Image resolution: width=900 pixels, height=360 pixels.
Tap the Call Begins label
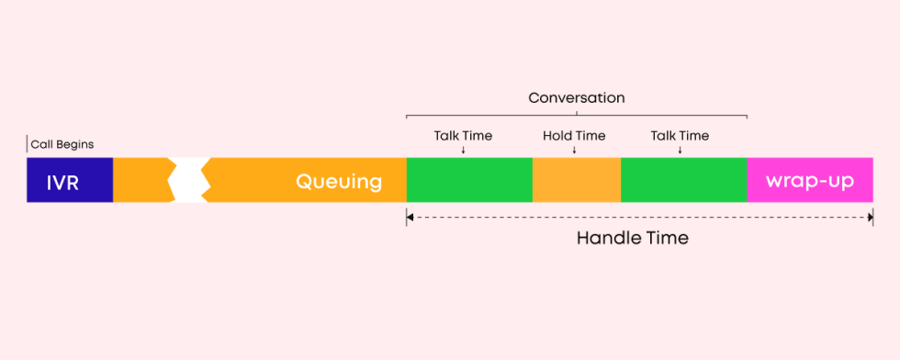click(62, 144)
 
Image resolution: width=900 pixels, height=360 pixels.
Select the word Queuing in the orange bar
click(338, 181)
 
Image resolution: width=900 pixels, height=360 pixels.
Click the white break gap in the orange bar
click(189, 180)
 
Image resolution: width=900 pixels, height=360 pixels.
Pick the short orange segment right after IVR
click(141, 180)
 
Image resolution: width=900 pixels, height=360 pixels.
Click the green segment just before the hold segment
click(468, 180)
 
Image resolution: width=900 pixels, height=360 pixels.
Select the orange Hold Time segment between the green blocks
click(576, 180)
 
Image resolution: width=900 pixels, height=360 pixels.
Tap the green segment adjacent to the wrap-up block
click(683, 180)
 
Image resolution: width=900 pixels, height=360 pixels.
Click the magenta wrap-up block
click(809, 180)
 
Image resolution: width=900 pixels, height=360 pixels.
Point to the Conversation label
click(577, 97)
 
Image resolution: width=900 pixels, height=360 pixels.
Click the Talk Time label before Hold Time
click(463, 136)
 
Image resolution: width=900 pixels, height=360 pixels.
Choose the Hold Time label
click(574, 136)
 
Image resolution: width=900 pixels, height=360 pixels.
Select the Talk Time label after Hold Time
click(680, 136)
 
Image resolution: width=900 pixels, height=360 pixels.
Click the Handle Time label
click(632, 238)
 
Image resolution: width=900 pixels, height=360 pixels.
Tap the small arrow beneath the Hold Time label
click(574, 150)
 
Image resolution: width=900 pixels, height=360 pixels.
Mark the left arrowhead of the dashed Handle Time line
click(411, 218)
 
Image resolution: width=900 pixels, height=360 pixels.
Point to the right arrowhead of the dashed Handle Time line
click(868, 218)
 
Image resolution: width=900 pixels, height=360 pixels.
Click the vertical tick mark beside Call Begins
click(28, 144)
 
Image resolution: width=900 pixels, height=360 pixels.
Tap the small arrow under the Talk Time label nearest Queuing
click(463, 150)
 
